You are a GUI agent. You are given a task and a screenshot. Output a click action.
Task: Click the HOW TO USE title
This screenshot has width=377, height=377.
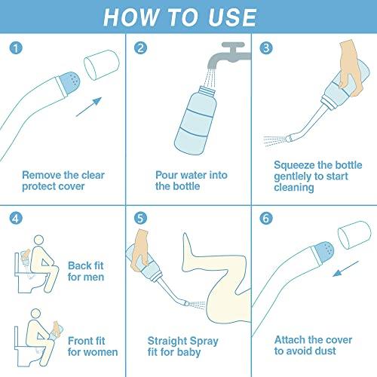point(188,17)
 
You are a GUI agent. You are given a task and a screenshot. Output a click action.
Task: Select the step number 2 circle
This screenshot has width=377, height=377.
point(140,48)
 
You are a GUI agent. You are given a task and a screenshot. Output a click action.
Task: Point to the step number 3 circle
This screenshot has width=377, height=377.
point(265,48)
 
